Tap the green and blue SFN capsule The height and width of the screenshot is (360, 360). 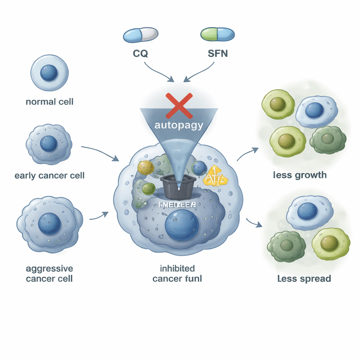tap(217, 35)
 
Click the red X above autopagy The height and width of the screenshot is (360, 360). tap(179, 105)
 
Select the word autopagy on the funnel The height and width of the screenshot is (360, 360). tap(179, 125)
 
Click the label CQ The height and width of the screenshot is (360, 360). tap(140, 54)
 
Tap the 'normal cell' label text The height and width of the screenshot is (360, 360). tap(50, 102)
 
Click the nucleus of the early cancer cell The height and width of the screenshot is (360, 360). tap(49, 143)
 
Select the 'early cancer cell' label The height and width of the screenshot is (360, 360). tap(50, 175)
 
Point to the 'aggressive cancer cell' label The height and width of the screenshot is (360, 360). tap(50, 274)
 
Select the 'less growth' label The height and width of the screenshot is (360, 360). tap(300, 175)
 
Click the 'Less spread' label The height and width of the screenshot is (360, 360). tap(304, 279)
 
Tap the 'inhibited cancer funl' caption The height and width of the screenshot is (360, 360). tap(177, 274)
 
